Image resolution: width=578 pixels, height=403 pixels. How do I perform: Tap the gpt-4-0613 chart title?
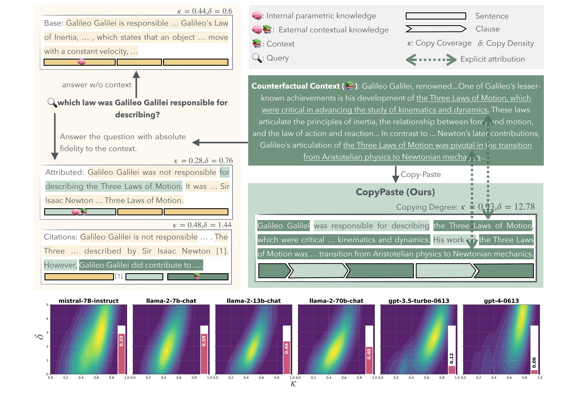pos(501,301)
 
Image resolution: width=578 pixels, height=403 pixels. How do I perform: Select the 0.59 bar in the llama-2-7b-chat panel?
pos(204,354)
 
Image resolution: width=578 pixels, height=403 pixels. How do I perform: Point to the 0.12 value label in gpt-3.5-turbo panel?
pos(451,358)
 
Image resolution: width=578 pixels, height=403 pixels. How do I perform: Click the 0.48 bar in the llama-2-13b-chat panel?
pos(286,357)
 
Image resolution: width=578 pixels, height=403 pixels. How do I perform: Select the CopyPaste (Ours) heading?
pos(395,192)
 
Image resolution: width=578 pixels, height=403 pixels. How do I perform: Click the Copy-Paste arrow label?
pos(420,174)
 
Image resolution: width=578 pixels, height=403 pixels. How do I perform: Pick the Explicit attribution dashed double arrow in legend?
pos(431,60)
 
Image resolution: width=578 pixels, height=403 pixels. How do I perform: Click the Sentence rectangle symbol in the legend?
pos(436,16)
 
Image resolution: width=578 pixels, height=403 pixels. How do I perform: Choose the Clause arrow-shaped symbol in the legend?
pos(436,29)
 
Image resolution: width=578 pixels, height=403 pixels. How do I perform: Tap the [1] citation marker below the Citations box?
pos(119,276)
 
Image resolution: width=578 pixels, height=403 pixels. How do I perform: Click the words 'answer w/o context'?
pos(97,85)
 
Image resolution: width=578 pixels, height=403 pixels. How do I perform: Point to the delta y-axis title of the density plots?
pos(40,337)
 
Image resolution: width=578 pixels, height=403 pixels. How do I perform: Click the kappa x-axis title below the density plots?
pos(293,384)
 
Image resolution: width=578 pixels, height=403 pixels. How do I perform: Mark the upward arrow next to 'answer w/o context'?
pos(136,84)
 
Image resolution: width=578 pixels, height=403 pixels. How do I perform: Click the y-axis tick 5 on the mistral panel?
pos(47,305)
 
